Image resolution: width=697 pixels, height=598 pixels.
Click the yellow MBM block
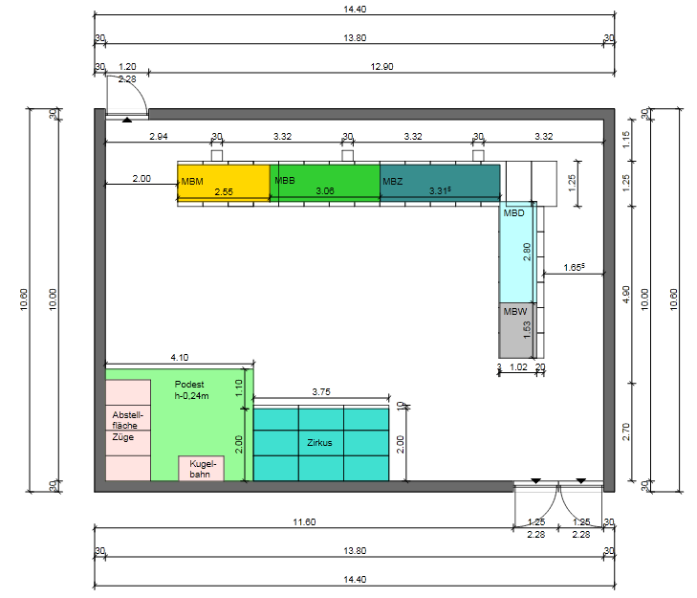[x=224, y=183]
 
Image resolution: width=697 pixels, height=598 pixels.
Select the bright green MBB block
[x=325, y=183]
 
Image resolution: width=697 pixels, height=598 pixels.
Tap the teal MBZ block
[x=440, y=183]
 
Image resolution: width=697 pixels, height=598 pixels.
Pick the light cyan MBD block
[x=516, y=253]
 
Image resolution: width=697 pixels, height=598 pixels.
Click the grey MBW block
[x=516, y=331]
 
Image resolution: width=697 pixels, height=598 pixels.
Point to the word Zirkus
[x=319, y=443]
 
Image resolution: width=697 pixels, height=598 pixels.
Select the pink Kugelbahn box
[x=202, y=469]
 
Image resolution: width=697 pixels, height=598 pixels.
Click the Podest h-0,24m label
[x=191, y=389]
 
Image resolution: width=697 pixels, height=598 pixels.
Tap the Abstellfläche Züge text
[x=127, y=426]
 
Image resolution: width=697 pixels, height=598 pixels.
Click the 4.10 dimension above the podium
[x=180, y=357]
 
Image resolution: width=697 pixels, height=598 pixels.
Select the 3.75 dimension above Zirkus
[x=321, y=392]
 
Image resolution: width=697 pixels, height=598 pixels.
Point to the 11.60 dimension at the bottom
[x=304, y=521]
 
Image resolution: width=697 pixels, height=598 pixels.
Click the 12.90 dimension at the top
[x=381, y=67]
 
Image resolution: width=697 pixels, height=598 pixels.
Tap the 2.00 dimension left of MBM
[x=142, y=178]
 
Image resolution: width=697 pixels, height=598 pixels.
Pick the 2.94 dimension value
[x=159, y=137]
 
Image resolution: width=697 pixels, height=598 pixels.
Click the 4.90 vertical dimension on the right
[x=626, y=295]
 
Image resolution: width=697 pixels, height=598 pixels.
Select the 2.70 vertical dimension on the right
[x=626, y=432]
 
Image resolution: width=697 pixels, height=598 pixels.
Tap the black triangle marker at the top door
[x=127, y=120]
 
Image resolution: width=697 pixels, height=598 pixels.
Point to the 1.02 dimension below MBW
[x=518, y=367]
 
